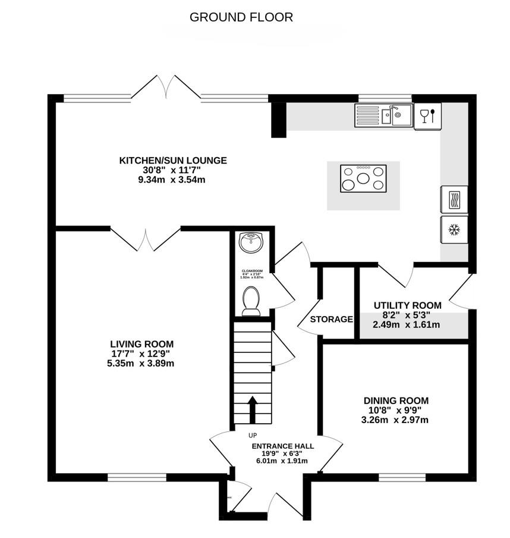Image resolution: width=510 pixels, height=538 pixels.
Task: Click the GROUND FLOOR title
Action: coord(241,17)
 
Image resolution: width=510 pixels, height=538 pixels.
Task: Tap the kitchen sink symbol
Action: coord(384,115)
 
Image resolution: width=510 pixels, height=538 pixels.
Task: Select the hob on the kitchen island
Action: coord(363,179)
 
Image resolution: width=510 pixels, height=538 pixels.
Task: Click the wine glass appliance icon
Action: coord(427,116)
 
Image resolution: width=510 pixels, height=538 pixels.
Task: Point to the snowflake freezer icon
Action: coord(454,229)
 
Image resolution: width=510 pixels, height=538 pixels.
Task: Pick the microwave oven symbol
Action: coord(454,199)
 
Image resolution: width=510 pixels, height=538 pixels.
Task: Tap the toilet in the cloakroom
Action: coord(251,301)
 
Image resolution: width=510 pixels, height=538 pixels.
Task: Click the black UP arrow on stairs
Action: coord(252,409)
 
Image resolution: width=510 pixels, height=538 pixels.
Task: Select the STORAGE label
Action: coord(331,320)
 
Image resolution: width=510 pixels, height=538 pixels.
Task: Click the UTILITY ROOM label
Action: coord(407,305)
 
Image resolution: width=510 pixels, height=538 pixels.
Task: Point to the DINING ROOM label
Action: coord(396,401)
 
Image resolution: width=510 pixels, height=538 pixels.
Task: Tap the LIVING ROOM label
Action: coord(141,344)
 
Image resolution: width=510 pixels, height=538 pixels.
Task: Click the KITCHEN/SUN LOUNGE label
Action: coord(173,160)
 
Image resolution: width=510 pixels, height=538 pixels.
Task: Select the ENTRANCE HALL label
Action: coord(283,446)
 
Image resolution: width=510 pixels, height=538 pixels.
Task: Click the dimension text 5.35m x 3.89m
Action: coord(141,363)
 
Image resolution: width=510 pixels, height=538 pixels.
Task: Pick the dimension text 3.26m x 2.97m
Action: coord(396,420)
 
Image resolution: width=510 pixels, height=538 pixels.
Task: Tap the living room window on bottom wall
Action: coord(137,477)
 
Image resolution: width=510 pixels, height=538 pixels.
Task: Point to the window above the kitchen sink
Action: coord(385,98)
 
